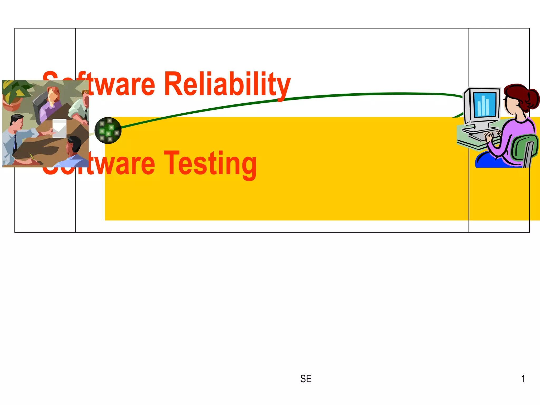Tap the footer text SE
pos(306,379)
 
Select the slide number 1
pos(523,379)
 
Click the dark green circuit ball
pos(108,130)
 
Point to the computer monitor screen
pos(485,104)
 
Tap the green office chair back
pos(525,146)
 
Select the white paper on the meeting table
pos(60,128)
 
